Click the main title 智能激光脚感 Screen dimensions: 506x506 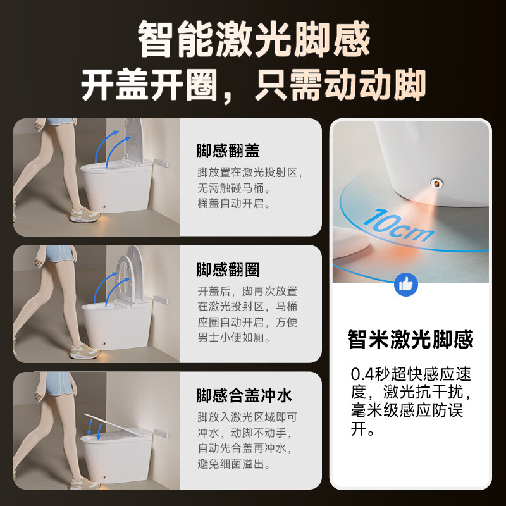[x=253, y=39]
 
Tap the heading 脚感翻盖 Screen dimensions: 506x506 [x=228, y=152]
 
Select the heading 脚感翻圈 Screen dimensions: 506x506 [x=228, y=270]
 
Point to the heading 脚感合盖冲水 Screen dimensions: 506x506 [x=244, y=396]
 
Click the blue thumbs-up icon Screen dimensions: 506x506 [x=406, y=284]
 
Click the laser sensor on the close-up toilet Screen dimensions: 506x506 [x=435, y=183]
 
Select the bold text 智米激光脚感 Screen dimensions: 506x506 [x=410, y=340]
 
